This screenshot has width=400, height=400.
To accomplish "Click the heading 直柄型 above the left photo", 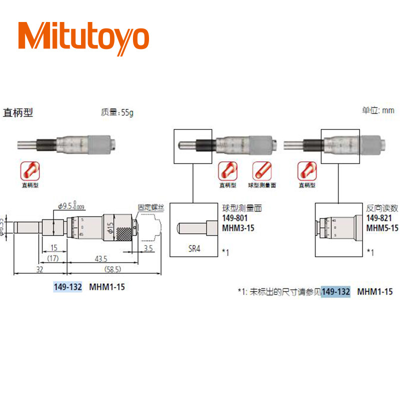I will coord(18,112).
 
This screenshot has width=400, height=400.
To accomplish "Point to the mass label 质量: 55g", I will coord(117,112).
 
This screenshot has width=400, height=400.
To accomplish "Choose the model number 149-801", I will coord(234,218).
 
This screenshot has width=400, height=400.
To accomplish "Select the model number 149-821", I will coord(379,218).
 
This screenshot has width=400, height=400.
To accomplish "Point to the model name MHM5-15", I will coord(382,227).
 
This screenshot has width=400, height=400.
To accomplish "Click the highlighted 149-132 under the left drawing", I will coord(67,287).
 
